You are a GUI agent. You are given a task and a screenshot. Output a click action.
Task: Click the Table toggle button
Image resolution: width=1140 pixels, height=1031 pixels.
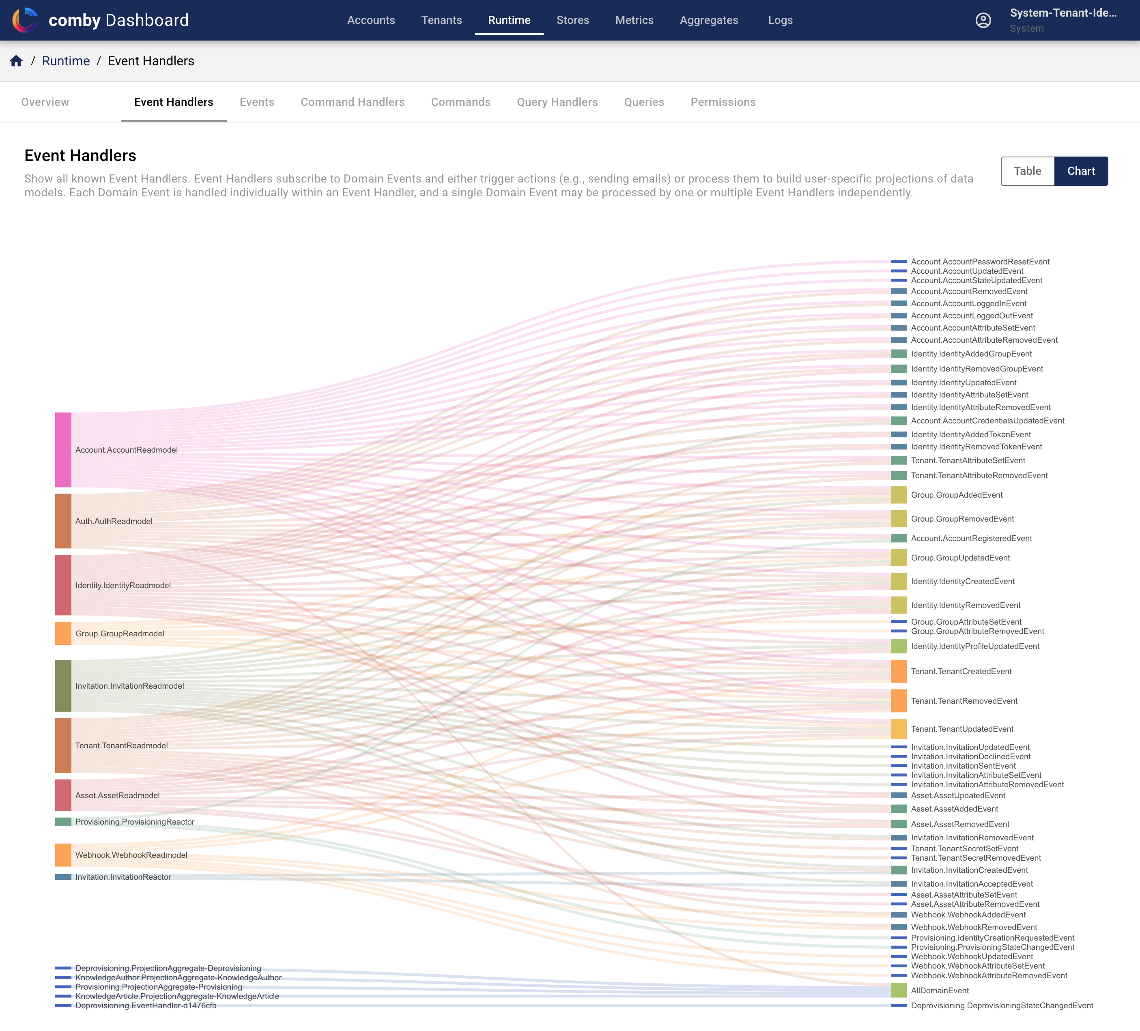point(1027,171)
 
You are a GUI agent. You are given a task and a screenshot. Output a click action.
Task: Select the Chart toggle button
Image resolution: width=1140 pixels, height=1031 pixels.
point(1081,171)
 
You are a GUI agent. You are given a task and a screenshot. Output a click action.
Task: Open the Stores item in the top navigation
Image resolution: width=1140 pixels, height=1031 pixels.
point(572,20)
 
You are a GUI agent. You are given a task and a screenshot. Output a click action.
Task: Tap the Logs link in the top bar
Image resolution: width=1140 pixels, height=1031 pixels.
point(780,20)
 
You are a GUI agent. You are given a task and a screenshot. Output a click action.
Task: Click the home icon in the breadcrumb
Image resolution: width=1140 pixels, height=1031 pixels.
point(16,61)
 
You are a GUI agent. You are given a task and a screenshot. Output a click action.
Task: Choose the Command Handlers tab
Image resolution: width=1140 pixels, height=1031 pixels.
point(352,102)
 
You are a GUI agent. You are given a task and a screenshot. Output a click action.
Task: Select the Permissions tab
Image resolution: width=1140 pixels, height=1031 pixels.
point(723,102)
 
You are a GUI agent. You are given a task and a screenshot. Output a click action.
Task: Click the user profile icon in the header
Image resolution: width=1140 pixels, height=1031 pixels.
point(983,20)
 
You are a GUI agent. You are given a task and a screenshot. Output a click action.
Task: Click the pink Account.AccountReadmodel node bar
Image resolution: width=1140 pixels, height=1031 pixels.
point(63,450)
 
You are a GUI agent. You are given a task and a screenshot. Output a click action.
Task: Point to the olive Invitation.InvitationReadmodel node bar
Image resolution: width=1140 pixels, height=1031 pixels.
point(63,685)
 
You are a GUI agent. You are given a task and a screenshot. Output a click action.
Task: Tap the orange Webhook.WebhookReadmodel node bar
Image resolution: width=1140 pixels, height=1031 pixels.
point(63,855)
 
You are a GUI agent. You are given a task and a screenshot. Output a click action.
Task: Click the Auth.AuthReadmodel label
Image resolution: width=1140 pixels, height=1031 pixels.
point(114,521)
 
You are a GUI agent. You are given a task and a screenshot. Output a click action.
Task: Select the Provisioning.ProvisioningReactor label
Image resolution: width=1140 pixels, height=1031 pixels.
point(135,822)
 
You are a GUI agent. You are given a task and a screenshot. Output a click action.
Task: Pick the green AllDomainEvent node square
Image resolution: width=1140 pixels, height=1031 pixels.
point(899,990)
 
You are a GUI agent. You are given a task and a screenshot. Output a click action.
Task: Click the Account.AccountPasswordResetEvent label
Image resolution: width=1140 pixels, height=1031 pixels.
point(980,262)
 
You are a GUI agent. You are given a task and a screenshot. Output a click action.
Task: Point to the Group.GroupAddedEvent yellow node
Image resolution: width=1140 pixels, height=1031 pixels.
point(899,495)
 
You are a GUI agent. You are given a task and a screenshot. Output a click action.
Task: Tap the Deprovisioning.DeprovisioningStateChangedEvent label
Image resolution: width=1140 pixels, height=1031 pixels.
point(1002,1005)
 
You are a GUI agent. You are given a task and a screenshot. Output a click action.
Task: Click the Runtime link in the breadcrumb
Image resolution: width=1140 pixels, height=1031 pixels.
point(66,61)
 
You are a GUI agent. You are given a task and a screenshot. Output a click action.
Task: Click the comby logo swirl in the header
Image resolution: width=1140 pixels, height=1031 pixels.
point(25,20)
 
